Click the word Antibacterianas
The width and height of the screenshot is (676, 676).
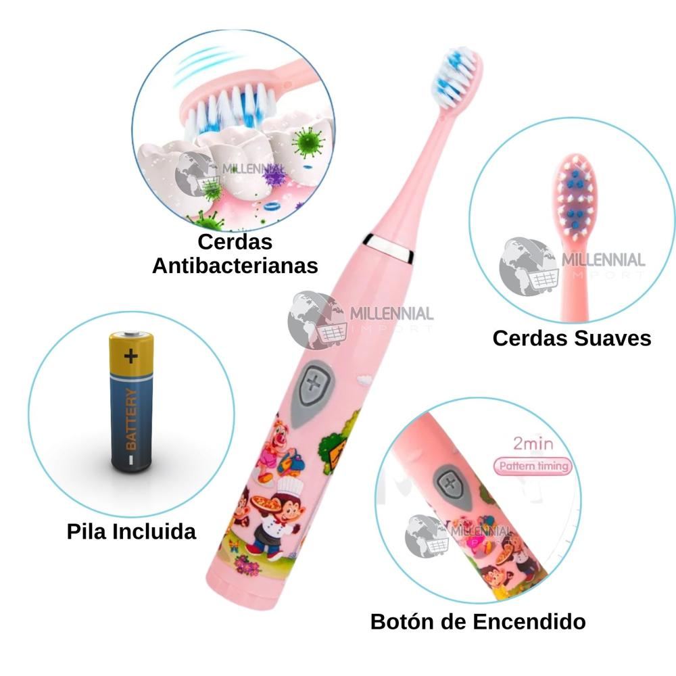235,265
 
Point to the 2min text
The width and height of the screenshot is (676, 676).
533,445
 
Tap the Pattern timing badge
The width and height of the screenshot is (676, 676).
533,466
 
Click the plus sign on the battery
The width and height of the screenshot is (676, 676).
130,354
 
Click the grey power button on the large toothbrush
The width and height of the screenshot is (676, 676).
312,385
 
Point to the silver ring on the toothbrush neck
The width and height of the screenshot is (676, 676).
390,248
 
